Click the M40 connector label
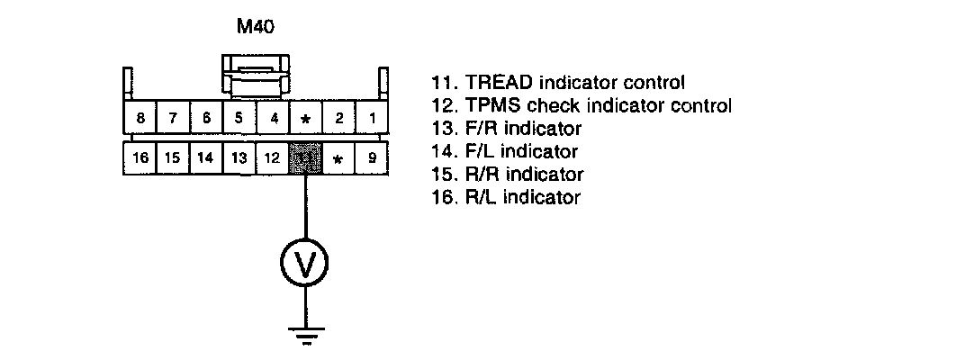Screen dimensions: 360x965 pos(255,27)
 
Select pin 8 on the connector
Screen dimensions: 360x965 pos(140,118)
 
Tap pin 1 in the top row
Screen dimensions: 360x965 pos(372,118)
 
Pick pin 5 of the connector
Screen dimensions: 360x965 pos(239,118)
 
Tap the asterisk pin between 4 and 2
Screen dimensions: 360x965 pos(305,118)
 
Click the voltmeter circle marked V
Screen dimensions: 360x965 pos(305,263)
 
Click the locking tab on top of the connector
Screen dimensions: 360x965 pos(256,76)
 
